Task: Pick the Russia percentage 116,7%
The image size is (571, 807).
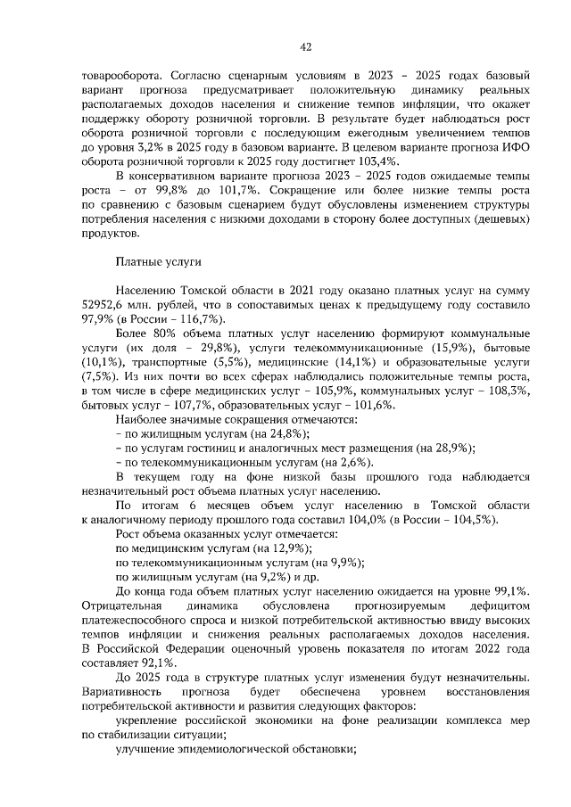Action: click(x=175, y=318)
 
